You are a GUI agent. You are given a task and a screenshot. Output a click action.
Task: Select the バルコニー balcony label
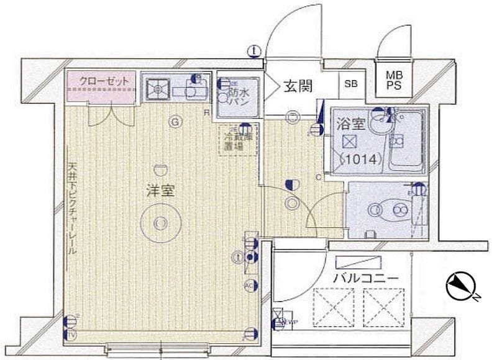366,277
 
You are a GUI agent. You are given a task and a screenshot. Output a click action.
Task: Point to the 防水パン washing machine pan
234,96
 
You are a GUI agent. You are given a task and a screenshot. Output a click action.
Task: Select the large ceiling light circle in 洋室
160,222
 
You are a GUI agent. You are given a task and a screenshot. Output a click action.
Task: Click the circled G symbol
175,123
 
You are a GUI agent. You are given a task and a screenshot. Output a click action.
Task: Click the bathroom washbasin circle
377,124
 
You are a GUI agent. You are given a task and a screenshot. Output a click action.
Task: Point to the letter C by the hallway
318,178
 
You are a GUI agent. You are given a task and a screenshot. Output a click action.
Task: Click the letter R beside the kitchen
206,113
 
